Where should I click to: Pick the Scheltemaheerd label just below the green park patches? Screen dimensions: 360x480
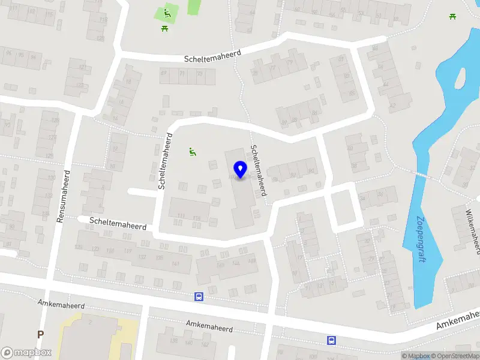(214, 56)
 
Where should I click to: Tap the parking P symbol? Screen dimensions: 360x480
(41, 334)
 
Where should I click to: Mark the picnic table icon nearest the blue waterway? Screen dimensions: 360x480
(452, 16)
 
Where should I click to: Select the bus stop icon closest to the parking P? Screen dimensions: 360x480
(199, 296)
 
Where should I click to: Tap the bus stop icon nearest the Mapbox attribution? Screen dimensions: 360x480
(331, 340)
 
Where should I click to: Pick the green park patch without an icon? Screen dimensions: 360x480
(194, 7)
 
